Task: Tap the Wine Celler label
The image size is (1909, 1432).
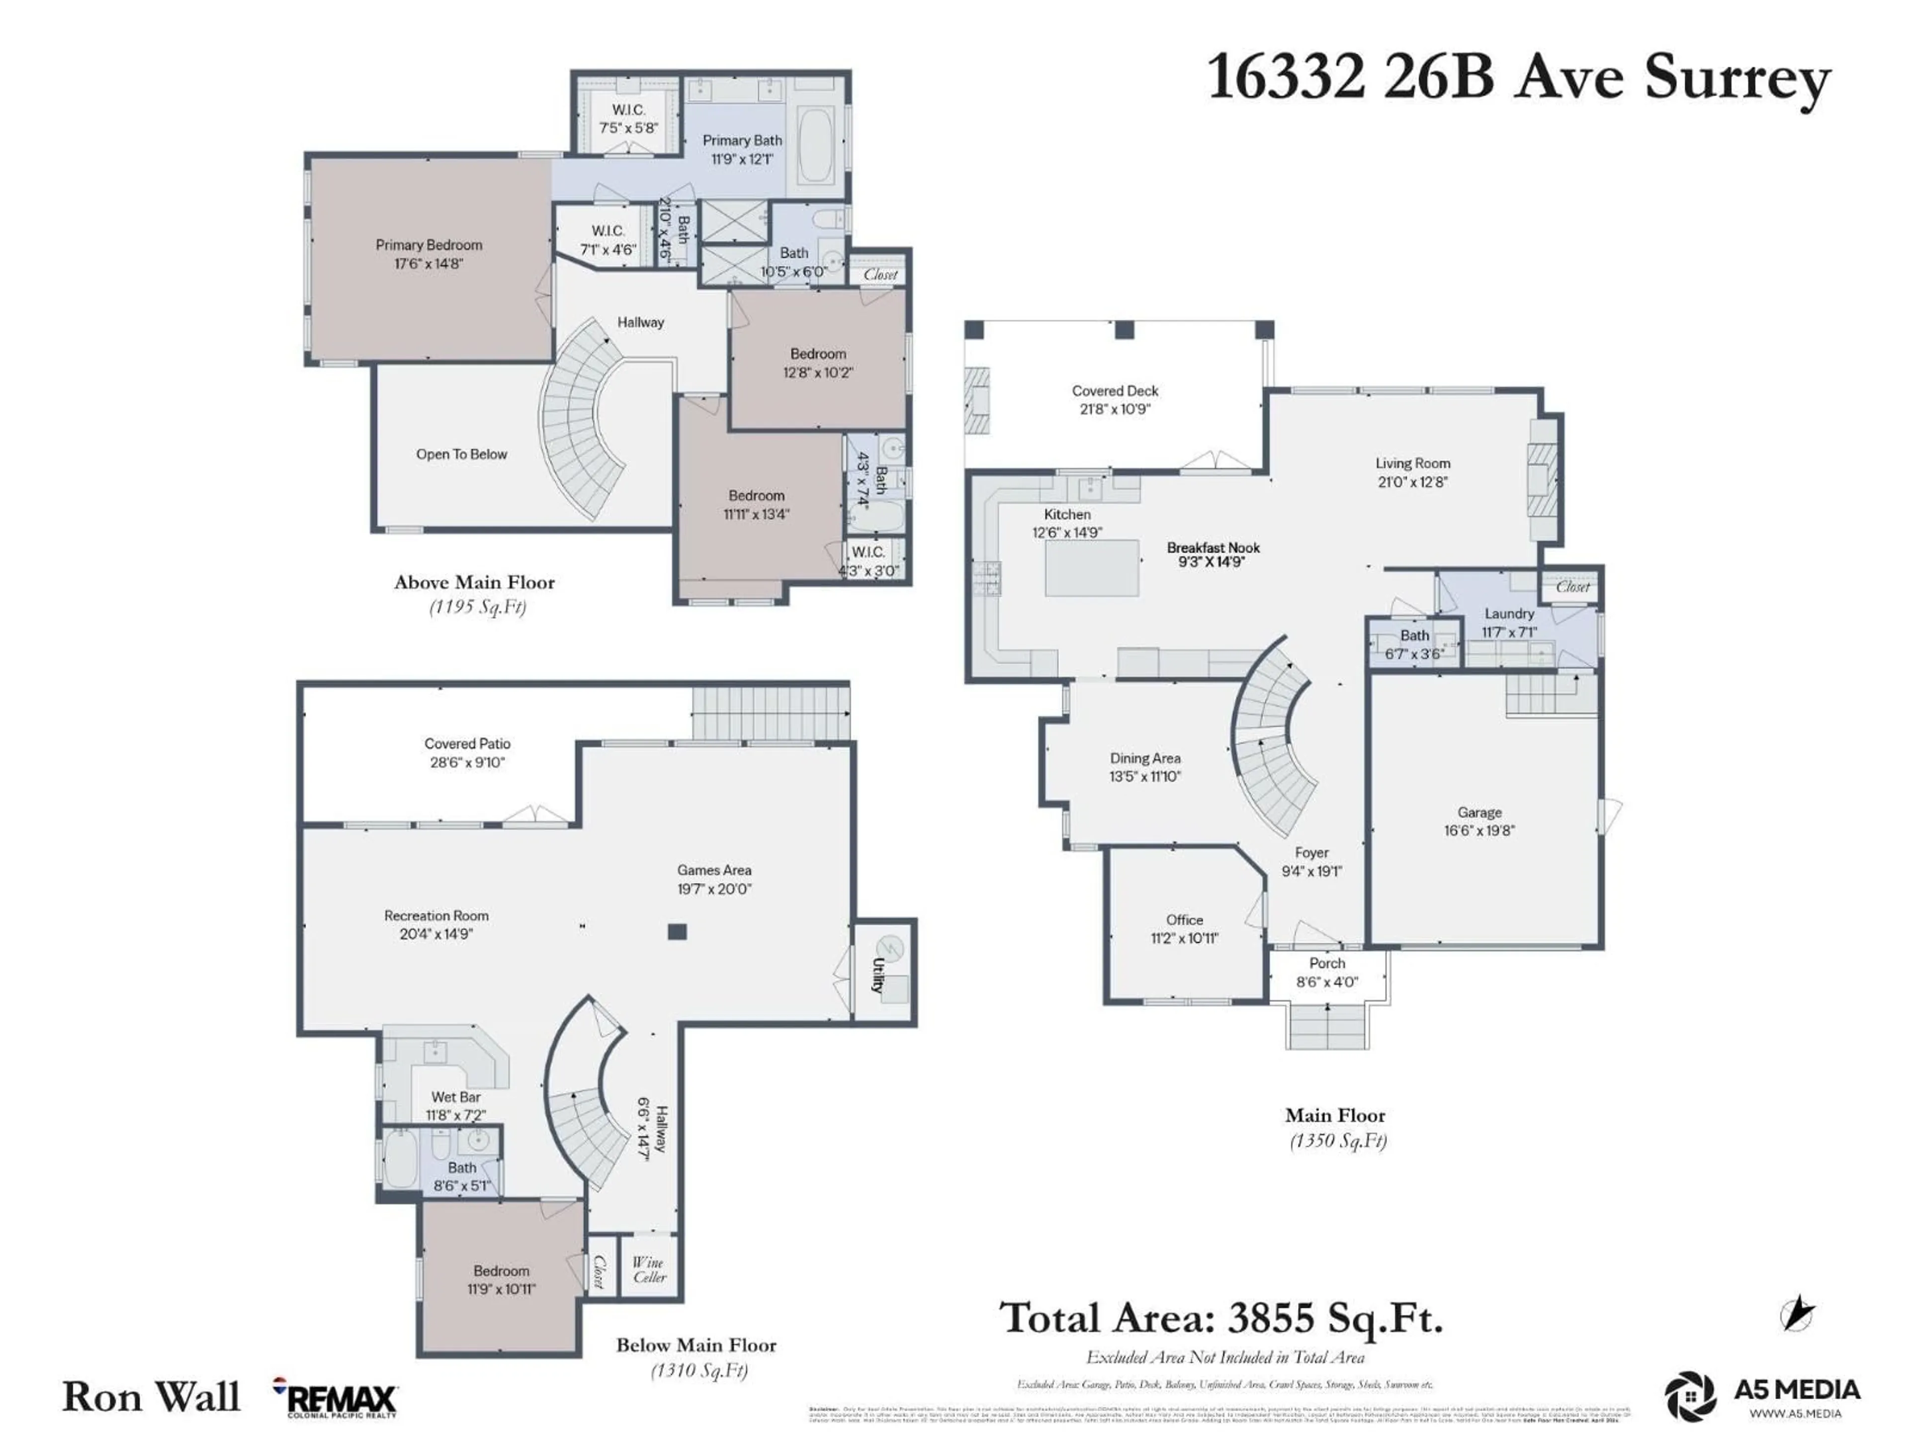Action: [649, 1270]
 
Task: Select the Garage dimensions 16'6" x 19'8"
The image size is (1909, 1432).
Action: [1479, 830]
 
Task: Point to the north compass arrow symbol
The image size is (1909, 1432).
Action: [1798, 1315]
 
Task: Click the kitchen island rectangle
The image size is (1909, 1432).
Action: [1092, 568]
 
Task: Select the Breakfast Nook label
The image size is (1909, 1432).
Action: [1213, 547]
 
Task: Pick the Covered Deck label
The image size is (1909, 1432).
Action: [1115, 391]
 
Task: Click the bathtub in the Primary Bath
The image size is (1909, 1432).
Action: [815, 144]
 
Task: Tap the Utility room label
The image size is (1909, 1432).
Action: [877, 976]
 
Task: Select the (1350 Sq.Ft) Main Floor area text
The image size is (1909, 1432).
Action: [1338, 1141]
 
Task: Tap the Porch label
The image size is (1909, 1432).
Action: [1326, 963]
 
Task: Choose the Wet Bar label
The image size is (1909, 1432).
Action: [456, 1097]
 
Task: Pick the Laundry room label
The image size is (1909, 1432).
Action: [1509, 614]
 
